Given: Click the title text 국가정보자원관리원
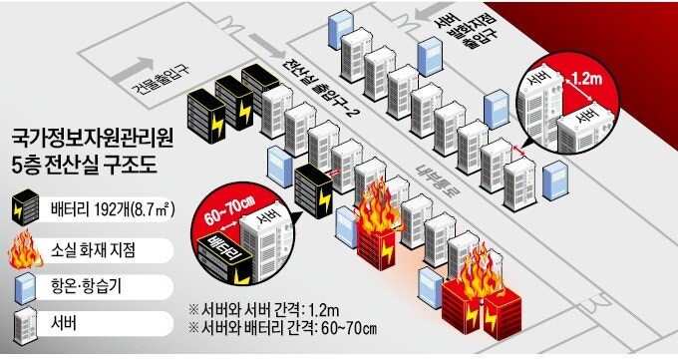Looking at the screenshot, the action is [91, 137].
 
